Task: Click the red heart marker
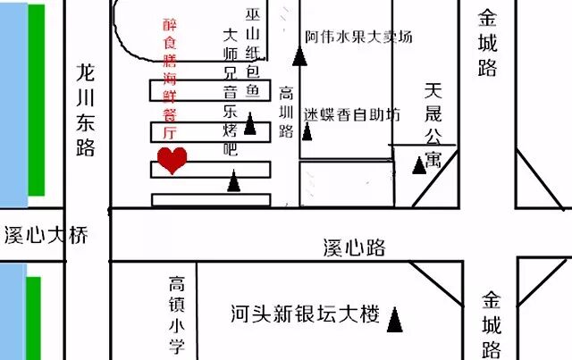[172, 160]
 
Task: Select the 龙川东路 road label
[85, 109]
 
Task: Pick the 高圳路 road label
[286, 112]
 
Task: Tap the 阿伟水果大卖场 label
[358, 38]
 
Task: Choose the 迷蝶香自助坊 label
[350, 114]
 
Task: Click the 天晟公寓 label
[433, 125]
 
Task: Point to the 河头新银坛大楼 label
[304, 314]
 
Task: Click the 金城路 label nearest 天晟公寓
[487, 43]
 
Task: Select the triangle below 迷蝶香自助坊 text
[308, 133]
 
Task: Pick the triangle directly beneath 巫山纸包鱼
[251, 125]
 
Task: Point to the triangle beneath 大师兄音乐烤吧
[234, 183]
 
